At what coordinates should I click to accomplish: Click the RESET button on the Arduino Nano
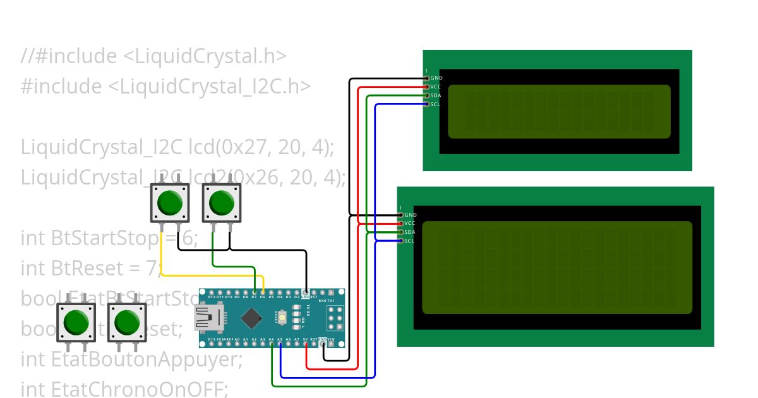(282, 317)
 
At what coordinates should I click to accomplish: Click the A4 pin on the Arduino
(272, 344)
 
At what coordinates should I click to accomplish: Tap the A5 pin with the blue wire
(280, 344)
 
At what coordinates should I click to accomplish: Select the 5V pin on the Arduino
(306, 344)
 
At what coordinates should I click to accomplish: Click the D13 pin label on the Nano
(212, 339)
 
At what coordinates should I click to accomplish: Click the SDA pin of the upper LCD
(427, 95)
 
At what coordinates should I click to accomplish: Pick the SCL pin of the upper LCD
(427, 104)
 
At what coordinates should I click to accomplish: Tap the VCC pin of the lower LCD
(400, 223)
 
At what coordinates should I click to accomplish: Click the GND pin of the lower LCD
(400, 215)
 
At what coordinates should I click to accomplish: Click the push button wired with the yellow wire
(169, 203)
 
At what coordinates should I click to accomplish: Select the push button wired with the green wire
(221, 203)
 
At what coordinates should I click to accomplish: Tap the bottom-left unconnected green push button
(76, 322)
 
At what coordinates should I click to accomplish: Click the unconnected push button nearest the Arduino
(127, 322)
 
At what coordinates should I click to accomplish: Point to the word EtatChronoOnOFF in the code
(139, 389)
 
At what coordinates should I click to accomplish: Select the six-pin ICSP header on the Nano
(334, 317)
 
